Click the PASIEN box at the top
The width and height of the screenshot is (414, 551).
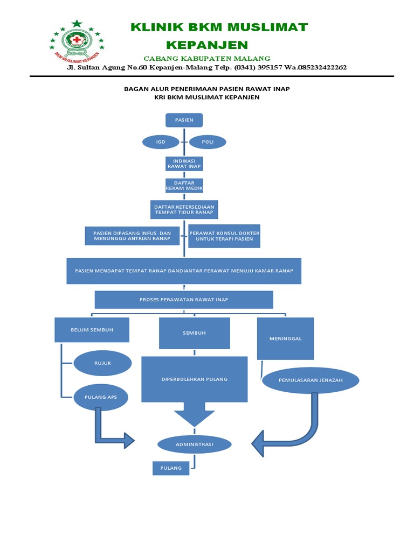tap(184, 120)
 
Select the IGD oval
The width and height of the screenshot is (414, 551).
tap(161, 142)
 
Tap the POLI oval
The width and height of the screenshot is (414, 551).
tap(208, 142)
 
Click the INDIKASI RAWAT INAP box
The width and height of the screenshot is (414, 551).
tap(184, 164)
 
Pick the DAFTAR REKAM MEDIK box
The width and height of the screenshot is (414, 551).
tap(184, 186)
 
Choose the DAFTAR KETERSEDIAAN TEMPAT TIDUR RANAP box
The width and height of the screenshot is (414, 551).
tap(184, 210)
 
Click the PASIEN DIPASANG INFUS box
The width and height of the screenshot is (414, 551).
tap(132, 236)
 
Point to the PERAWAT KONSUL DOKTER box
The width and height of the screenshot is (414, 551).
tap(224, 236)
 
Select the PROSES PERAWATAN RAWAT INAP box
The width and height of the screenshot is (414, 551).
tap(184, 300)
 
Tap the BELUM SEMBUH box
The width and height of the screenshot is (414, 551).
tap(92, 330)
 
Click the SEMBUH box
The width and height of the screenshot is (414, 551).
tap(194, 333)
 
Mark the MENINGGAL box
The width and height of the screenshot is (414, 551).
tap(286, 339)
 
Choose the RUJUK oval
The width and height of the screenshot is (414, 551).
tap(102, 363)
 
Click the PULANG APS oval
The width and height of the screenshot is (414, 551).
tap(101, 398)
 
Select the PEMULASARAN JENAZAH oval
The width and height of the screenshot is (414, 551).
tap(310, 380)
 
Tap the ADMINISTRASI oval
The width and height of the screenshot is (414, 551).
tap(194, 444)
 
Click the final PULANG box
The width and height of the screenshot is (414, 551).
tap(171, 469)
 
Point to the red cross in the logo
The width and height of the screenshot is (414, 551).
tap(77, 40)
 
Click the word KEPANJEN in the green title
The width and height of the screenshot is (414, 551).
tap(207, 45)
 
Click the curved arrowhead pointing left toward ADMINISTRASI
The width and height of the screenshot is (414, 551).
tap(258, 443)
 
